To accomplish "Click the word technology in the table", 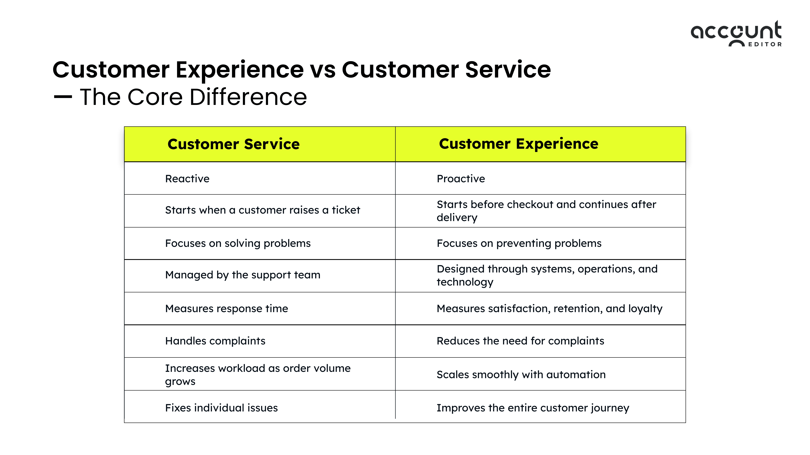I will coord(465,282).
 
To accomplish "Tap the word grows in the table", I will coord(180,382).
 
